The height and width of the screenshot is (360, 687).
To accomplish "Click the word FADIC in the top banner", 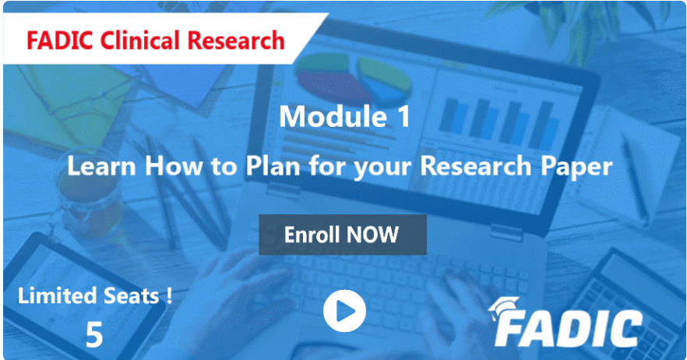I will (56, 39).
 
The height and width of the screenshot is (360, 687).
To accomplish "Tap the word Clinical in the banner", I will (139, 39).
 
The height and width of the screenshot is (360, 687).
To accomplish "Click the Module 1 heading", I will (343, 117).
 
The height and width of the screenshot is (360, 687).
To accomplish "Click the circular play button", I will (343, 312).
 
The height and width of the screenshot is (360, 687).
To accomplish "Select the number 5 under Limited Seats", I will (94, 334).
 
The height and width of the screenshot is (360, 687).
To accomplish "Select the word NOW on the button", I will (374, 235).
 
